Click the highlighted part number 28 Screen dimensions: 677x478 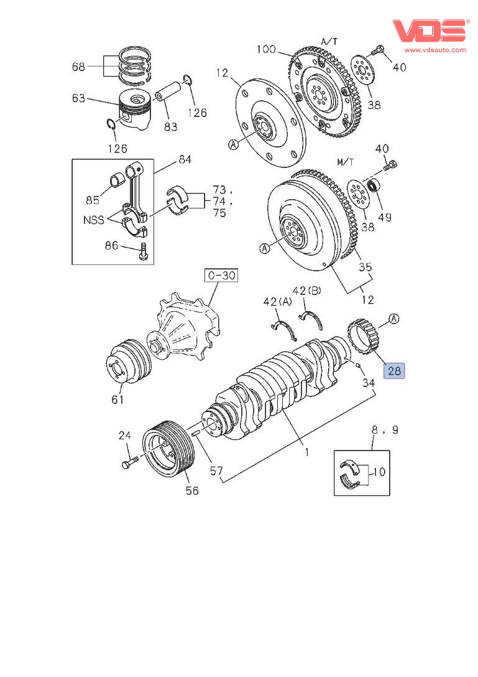click(395, 371)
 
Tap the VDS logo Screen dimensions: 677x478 click(430, 30)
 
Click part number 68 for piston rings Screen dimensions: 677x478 click(79, 67)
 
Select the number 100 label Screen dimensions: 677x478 click(265, 49)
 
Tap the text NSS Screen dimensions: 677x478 click(93, 220)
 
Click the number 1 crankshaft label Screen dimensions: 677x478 click(306, 453)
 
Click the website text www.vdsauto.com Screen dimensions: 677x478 click(435, 50)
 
